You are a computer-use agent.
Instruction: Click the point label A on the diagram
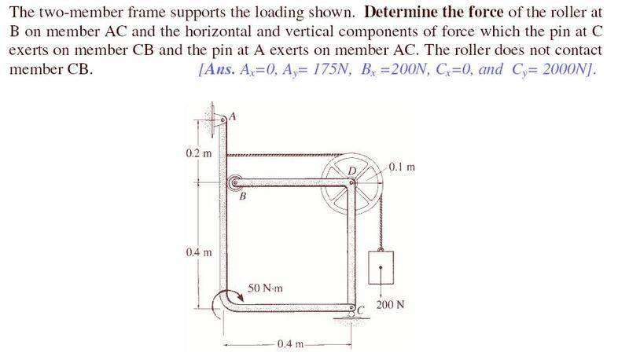[232, 116]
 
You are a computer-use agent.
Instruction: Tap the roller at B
[234, 184]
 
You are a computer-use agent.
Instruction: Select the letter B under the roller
[242, 197]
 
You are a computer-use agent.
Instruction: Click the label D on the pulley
[351, 171]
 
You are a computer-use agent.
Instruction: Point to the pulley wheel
[352, 184]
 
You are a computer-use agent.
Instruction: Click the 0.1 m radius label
[402, 167]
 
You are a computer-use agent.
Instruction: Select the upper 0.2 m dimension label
[198, 153]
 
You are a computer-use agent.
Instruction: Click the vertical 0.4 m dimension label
[199, 252]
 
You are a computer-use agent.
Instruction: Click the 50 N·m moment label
[265, 288]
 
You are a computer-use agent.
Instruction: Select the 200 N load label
[390, 305]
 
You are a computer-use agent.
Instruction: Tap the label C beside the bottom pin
[360, 310]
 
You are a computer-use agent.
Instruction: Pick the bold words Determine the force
[434, 12]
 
